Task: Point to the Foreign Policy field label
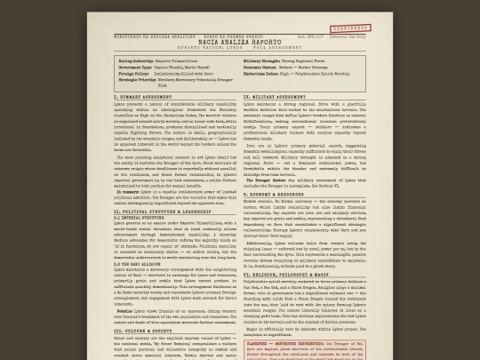pos(133,72)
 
